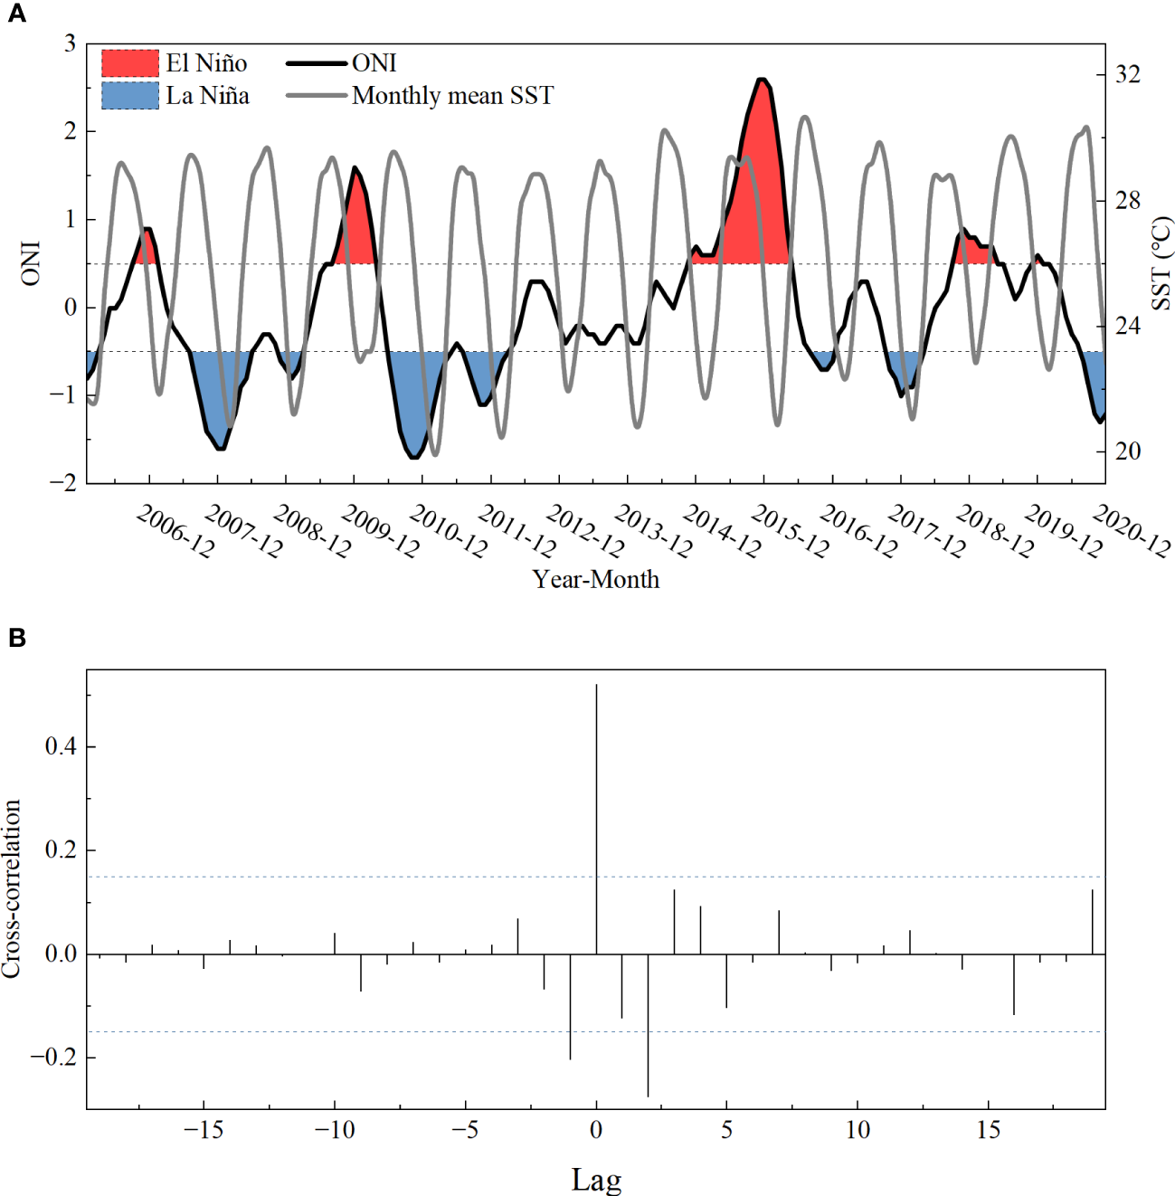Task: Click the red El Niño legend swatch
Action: pyautogui.click(x=129, y=63)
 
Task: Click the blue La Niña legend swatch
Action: pyautogui.click(x=129, y=96)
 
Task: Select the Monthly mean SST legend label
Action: pyautogui.click(x=452, y=96)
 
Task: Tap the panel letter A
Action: pyautogui.click(x=16, y=14)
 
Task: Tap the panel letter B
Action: pyautogui.click(x=16, y=638)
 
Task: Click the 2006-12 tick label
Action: pyautogui.click(x=175, y=532)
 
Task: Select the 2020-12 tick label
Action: pyautogui.click(x=1132, y=532)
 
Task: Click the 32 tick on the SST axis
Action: pyautogui.click(x=1127, y=75)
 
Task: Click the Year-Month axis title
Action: pyautogui.click(x=595, y=580)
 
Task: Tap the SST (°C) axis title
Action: pyautogui.click(x=1161, y=263)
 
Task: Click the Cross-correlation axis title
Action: pyautogui.click(x=12, y=888)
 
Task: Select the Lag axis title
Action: pyautogui.click(x=596, y=1180)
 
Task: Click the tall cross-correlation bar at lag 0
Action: pyautogui.click(x=596, y=814)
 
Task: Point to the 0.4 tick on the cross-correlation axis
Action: pyautogui.click(x=62, y=747)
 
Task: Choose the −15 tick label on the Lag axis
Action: pyautogui.click(x=204, y=1130)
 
